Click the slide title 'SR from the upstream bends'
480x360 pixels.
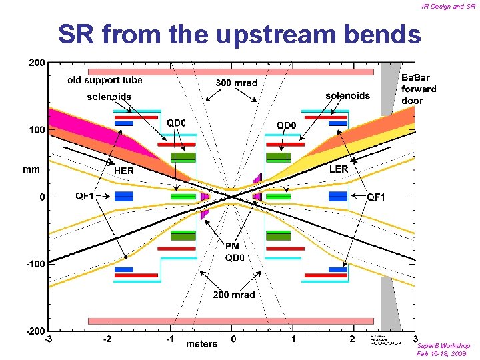[239, 35]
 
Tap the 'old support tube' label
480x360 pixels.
[105, 81]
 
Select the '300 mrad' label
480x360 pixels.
[236, 83]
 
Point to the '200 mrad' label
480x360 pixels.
[233, 295]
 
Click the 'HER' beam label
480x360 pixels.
[123, 171]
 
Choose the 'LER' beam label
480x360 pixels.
[339, 169]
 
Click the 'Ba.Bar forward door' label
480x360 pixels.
[419, 89]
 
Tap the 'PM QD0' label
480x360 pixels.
[234, 253]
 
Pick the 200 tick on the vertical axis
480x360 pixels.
[37, 63]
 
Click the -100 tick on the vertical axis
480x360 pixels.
[35, 264]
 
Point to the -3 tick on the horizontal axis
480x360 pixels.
[48, 339]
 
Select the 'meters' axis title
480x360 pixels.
[201, 344]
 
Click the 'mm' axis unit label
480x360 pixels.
[31, 169]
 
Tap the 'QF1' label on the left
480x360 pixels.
[85, 196]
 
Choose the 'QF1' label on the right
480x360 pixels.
[376, 197]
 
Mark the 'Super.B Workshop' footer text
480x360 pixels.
[443, 346]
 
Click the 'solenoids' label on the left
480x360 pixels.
[109, 97]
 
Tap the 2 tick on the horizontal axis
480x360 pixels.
[352, 339]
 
